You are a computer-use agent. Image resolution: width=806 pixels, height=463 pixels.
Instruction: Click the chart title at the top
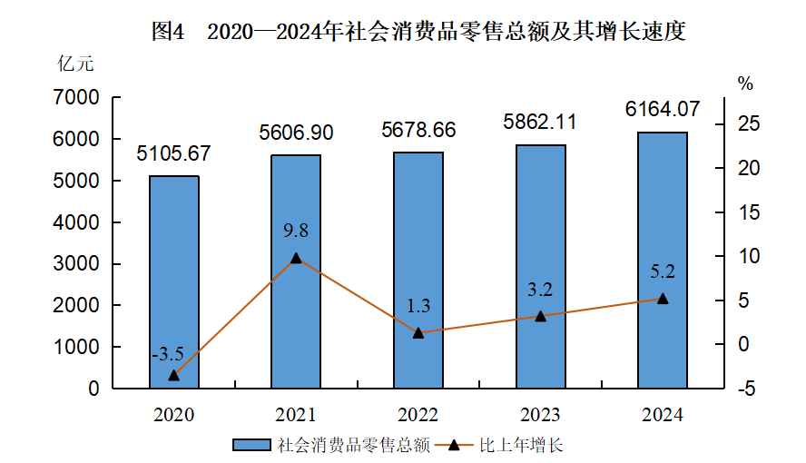point(418,32)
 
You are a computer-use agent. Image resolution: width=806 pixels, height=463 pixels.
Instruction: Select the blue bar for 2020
point(174,281)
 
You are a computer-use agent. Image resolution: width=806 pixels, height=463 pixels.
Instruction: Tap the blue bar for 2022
point(418,270)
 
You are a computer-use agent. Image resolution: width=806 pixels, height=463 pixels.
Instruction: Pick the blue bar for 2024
point(663,260)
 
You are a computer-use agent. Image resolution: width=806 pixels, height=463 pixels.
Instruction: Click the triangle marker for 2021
point(296,258)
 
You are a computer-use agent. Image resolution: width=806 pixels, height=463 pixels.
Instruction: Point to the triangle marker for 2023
point(540,316)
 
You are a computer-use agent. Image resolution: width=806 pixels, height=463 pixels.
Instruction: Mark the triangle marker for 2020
point(174,375)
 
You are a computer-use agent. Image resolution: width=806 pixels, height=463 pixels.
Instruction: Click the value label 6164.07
point(663,109)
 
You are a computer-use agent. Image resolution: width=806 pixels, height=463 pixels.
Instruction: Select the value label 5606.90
point(296,133)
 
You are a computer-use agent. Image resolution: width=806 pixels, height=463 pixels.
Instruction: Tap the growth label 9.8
point(296,231)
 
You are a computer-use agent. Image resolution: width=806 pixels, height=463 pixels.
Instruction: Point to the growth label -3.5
point(168,353)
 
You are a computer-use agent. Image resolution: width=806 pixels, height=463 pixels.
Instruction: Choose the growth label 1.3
point(418,306)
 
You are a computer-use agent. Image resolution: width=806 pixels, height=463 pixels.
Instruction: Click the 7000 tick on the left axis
point(76,97)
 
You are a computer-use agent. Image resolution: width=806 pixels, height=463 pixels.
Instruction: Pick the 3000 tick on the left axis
point(76,263)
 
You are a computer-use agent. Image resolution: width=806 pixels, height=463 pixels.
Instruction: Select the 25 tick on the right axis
point(749,123)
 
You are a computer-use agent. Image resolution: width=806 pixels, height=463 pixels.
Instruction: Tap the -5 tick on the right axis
point(746,389)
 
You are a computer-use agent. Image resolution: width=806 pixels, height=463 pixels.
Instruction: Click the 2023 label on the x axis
point(540,415)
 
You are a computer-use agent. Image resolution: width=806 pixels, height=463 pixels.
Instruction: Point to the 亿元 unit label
point(75,64)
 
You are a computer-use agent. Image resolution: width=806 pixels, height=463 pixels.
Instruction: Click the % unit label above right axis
point(745,84)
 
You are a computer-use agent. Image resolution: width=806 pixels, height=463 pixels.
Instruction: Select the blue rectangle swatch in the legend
point(251,445)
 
